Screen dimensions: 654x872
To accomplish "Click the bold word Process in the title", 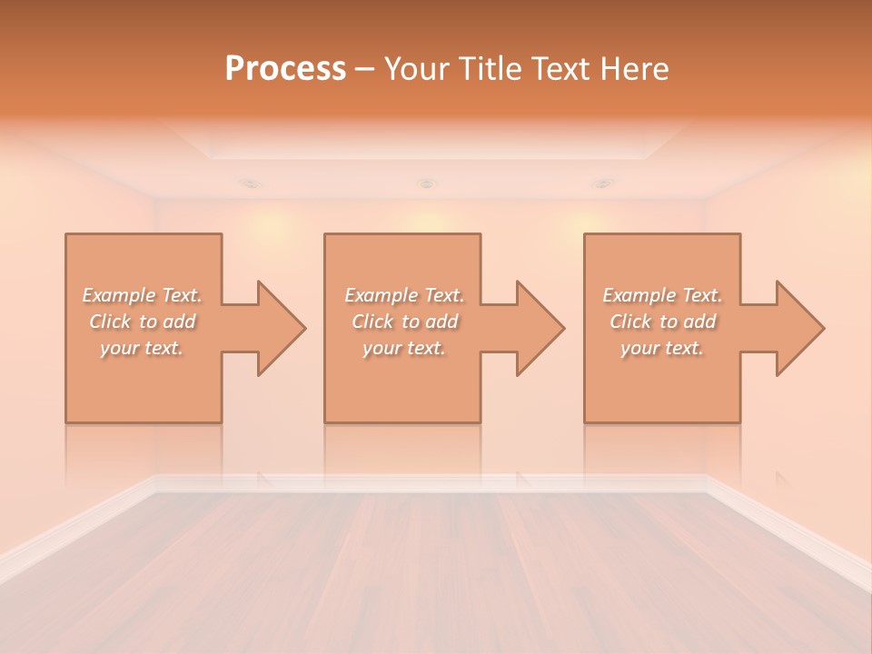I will pos(285,69).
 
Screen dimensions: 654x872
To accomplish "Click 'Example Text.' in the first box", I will pos(143,295).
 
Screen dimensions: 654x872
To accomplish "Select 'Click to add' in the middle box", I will pos(404,322).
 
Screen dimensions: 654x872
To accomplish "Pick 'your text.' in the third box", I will pos(662,348).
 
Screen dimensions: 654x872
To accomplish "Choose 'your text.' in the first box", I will pos(143,348).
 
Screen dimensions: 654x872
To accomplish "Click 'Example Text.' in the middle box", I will pos(404,295).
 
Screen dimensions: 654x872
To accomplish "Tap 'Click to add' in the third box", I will pos(662,322).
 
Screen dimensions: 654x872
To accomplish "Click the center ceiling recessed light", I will pos(426,184).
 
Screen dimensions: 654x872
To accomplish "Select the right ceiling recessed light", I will pos(601,183).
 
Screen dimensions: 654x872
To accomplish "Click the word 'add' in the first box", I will pos(180,322).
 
